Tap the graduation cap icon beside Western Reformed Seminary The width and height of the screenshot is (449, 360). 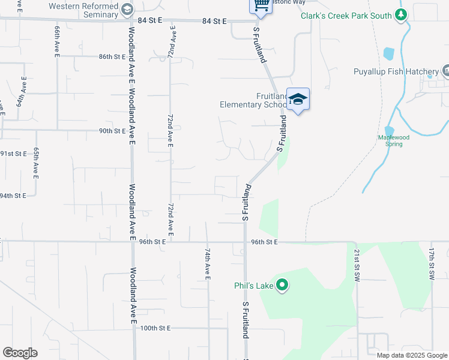pyautogui.click(x=127, y=9)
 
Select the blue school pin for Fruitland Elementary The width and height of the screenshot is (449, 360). pyautogui.click(x=298, y=100)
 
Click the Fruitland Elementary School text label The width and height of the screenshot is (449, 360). pyautogui.click(x=253, y=100)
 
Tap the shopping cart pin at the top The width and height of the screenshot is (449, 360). pyautogui.click(x=261, y=5)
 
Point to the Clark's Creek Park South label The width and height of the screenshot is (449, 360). pyautogui.click(x=346, y=16)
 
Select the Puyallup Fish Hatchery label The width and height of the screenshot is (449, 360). pyautogui.click(x=396, y=72)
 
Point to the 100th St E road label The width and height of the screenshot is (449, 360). pyautogui.click(x=155, y=328)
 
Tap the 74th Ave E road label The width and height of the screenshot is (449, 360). pyautogui.click(x=206, y=264)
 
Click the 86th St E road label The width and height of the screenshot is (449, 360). pyautogui.click(x=112, y=57)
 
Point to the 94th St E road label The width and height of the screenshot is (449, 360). pyautogui.click(x=12, y=196)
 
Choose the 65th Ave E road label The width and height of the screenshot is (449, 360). pyautogui.click(x=36, y=163)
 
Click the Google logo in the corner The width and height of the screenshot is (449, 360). pyautogui.click(x=20, y=353)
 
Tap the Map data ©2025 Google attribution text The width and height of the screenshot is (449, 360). pyautogui.click(x=412, y=355)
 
